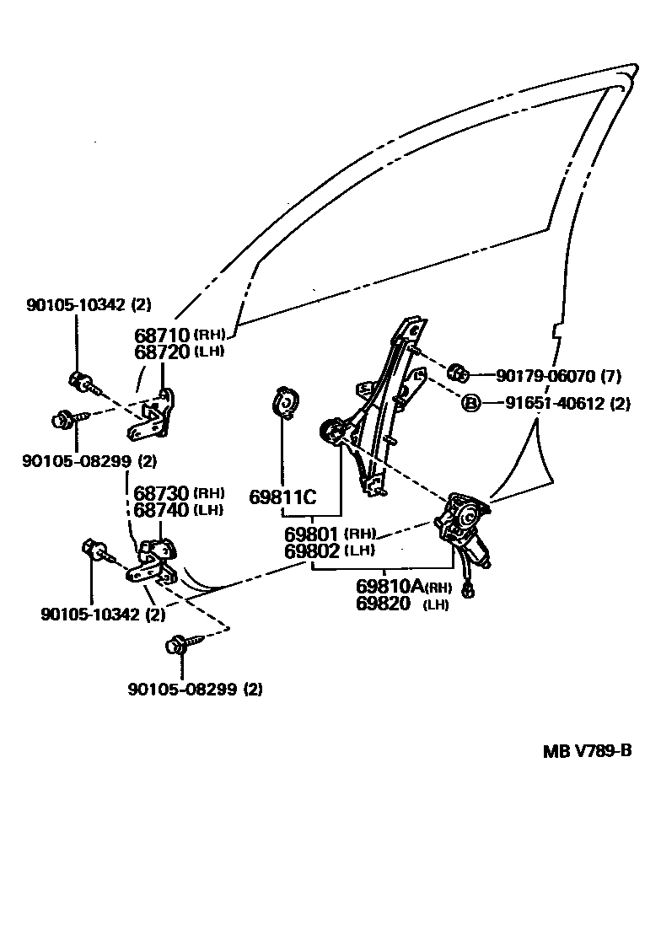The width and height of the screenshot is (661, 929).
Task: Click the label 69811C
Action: pos(282,497)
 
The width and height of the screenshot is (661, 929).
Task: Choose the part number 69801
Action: pos(311,534)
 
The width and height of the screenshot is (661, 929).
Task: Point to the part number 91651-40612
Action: pos(556,404)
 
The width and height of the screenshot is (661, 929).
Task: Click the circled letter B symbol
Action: pos(470,404)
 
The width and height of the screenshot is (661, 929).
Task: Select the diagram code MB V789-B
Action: pos(586,752)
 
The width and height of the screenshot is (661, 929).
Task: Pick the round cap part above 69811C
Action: pos(286,402)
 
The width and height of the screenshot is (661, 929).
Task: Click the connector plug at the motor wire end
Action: pos(469,593)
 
